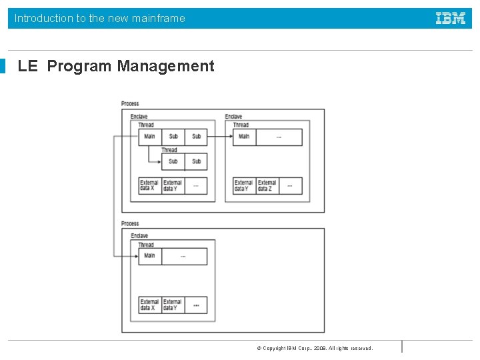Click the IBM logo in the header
451,19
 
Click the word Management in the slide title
165,66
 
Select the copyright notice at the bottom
315,348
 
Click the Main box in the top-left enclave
149,137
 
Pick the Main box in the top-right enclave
244,137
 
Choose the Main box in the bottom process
149,256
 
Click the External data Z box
267,185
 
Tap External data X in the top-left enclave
149,185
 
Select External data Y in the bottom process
173,305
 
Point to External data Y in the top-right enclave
243,185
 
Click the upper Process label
130,103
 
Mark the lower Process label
130,223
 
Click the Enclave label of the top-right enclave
233,117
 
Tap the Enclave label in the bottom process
139,236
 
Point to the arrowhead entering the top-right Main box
230,137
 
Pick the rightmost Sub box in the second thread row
196,161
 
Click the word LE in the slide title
27,66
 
